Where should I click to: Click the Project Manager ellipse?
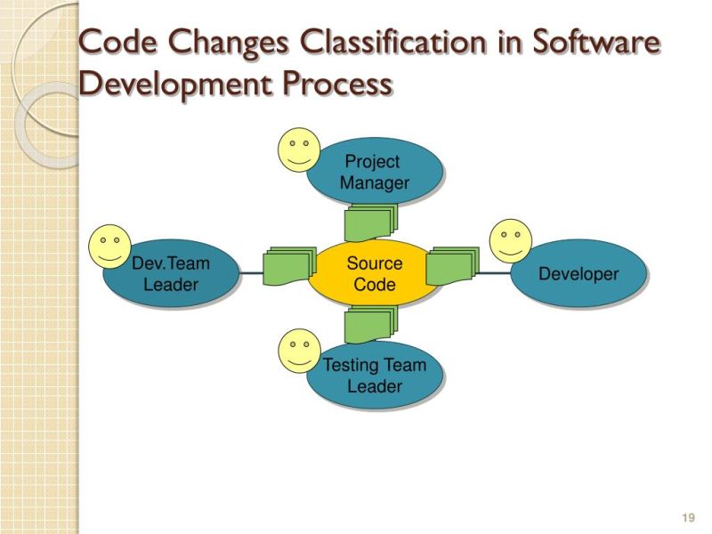375,173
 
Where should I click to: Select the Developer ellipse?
578,273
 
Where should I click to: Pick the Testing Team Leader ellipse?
375,376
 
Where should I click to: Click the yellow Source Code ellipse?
375,274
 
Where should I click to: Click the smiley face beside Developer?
511,240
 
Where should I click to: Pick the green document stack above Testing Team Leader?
369,324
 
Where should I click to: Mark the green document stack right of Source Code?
452,265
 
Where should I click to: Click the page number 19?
686,518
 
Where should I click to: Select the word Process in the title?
339,84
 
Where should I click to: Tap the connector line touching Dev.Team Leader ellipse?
250,273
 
